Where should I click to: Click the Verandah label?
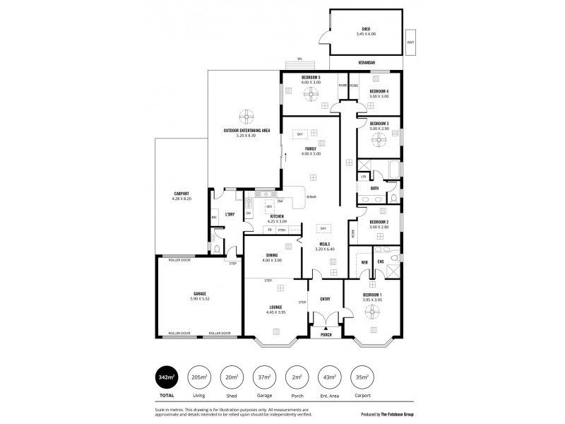click(x=365, y=63)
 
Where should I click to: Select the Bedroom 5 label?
click(x=311, y=78)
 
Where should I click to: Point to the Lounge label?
click(x=275, y=307)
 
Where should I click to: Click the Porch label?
click(x=326, y=334)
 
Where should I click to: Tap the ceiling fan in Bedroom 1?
click(x=372, y=311)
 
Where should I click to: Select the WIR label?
click(x=364, y=263)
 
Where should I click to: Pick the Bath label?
click(x=374, y=189)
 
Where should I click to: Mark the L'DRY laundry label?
click(x=230, y=214)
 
